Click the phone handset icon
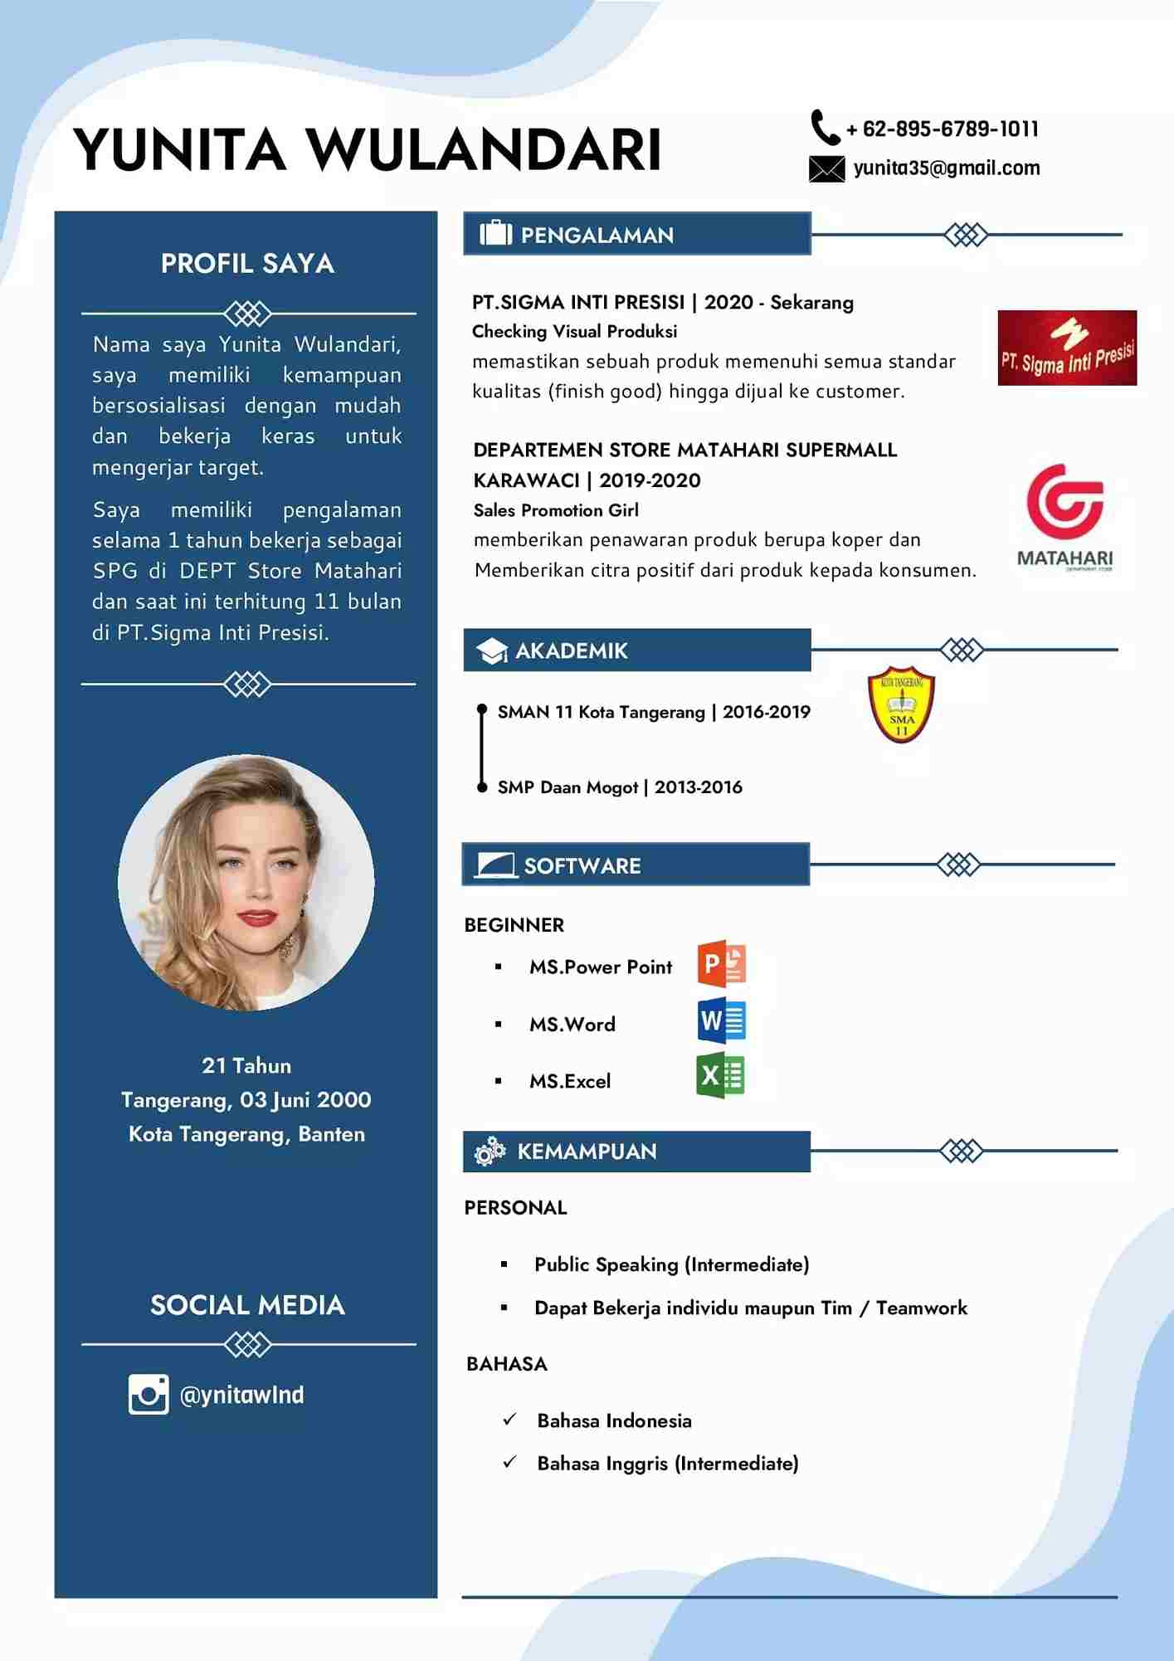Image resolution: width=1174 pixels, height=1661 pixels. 825,128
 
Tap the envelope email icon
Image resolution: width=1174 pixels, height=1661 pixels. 826,168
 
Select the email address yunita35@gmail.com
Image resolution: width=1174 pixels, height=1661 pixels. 946,168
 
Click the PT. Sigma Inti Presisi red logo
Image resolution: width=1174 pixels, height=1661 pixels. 1067,348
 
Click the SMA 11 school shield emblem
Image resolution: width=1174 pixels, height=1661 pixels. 901,704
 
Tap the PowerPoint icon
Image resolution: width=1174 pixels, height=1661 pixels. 722,964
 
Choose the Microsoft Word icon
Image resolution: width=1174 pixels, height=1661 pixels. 722,1021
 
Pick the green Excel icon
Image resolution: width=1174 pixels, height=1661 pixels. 720,1076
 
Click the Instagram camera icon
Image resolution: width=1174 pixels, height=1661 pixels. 149,1394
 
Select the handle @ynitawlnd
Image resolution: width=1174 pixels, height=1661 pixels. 241,1395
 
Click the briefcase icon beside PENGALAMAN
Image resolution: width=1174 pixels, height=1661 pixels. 495,234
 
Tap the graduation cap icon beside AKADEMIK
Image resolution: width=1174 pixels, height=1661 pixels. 492,651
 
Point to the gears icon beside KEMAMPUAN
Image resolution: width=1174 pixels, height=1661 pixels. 490,1152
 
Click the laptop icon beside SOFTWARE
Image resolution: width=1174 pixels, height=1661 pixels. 495,865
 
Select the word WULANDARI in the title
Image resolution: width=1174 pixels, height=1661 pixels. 485,150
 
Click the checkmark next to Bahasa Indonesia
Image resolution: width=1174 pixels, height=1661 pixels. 509,1420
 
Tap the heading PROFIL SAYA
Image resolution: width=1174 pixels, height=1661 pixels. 247,264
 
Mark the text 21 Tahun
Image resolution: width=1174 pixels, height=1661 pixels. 246,1066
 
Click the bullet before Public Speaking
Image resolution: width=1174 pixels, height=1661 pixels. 504,1264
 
